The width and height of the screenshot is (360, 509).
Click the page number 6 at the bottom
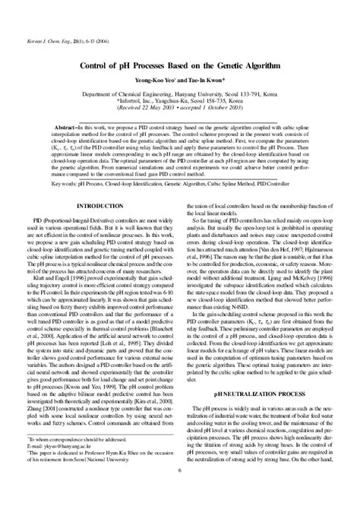[x=180, y=492]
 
